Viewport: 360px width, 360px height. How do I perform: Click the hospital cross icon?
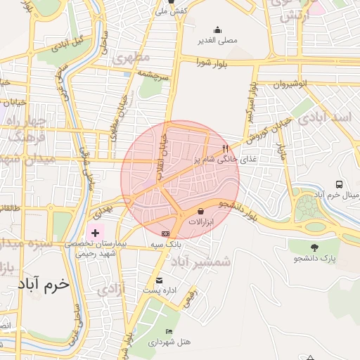point(95,231)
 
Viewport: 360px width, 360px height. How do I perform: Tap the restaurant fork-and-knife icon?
point(225,149)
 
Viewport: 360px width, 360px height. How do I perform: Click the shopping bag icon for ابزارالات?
point(201,211)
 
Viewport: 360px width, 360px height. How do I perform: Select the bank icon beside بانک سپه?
point(165,233)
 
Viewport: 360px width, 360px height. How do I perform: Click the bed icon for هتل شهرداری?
point(168,331)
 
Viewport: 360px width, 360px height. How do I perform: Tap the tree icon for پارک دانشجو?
point(314,247)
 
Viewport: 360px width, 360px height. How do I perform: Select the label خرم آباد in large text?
point(45,285)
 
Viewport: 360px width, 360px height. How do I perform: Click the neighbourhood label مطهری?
point(136,57)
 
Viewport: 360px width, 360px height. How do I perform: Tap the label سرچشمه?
point(153,74)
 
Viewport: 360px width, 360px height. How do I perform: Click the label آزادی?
point(112,288)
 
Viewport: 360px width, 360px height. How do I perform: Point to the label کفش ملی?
point(170,11)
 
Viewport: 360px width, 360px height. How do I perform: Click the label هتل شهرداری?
point(170,342)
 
